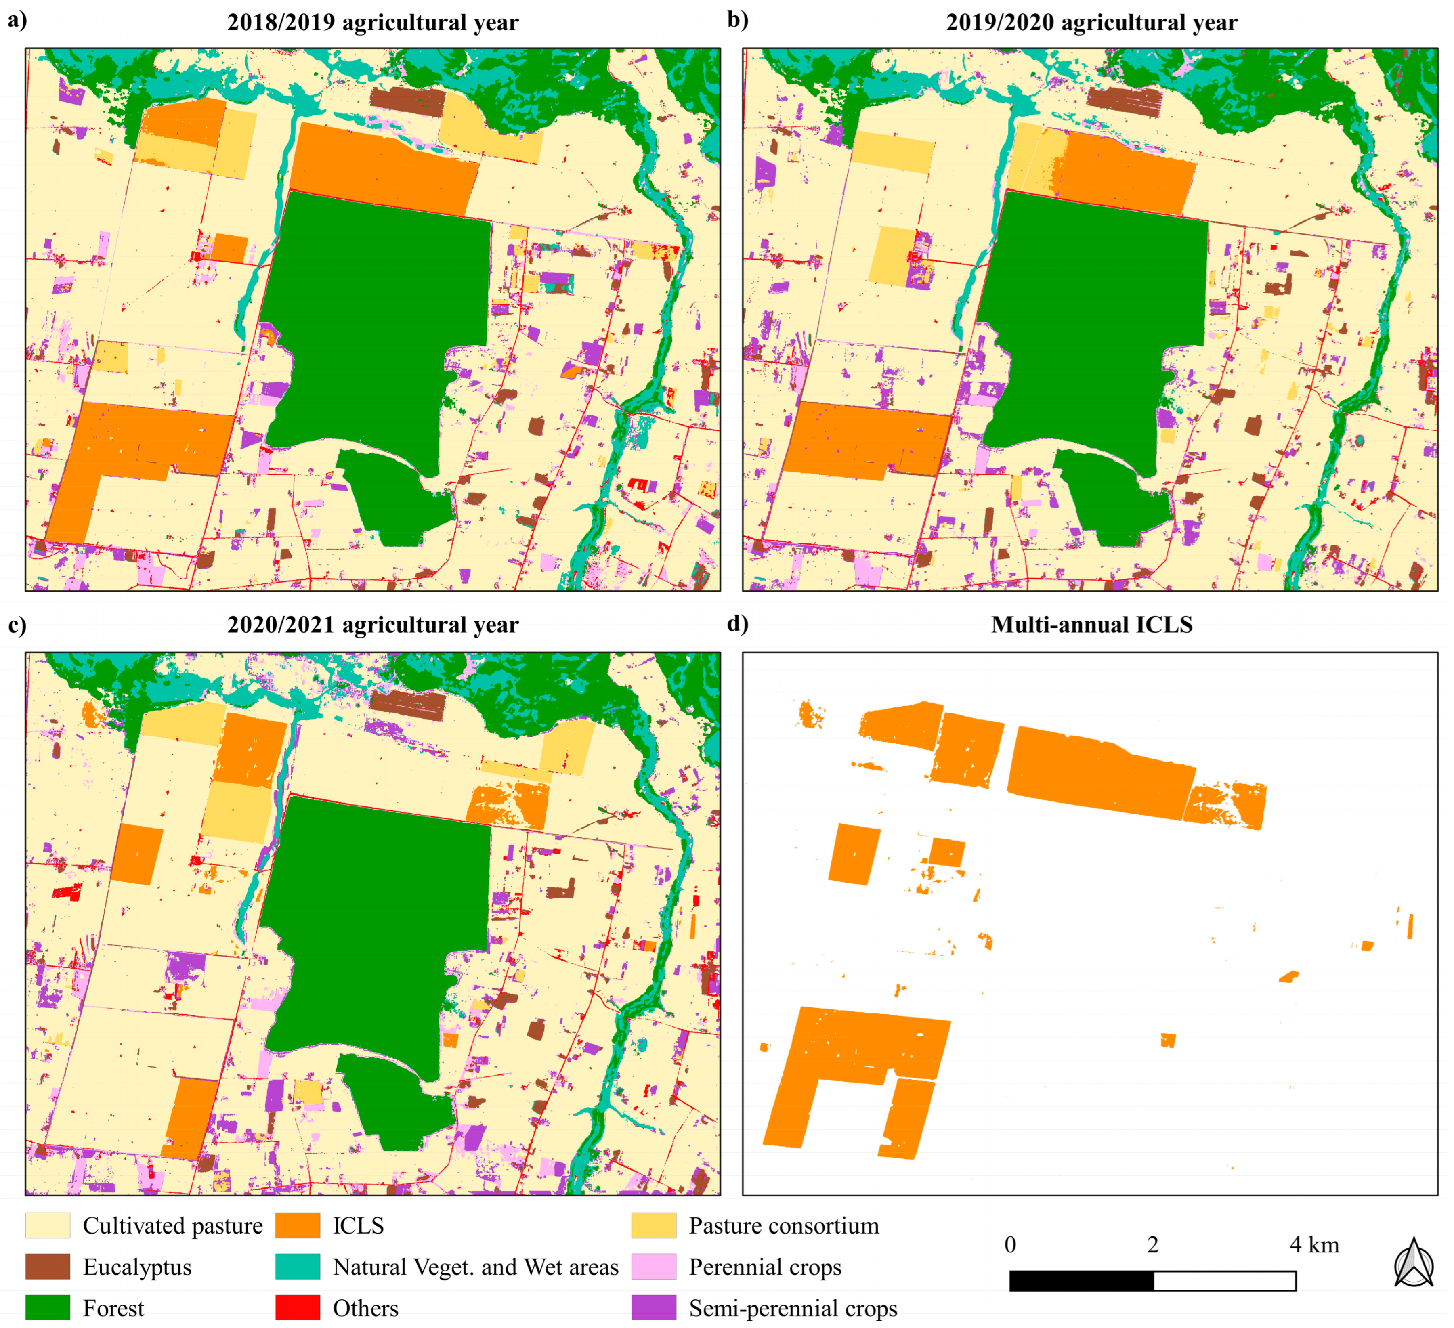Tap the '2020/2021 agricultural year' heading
372,625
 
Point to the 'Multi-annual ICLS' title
1091,625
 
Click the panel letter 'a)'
17,20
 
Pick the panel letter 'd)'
737,623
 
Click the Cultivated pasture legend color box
48,1225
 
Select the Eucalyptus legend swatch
48,1267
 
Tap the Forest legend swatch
48,1308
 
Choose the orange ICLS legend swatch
297,1225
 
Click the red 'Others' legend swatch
297,1308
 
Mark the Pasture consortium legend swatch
653,1225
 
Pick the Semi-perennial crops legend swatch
653,1308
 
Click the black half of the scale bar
1081,1281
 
